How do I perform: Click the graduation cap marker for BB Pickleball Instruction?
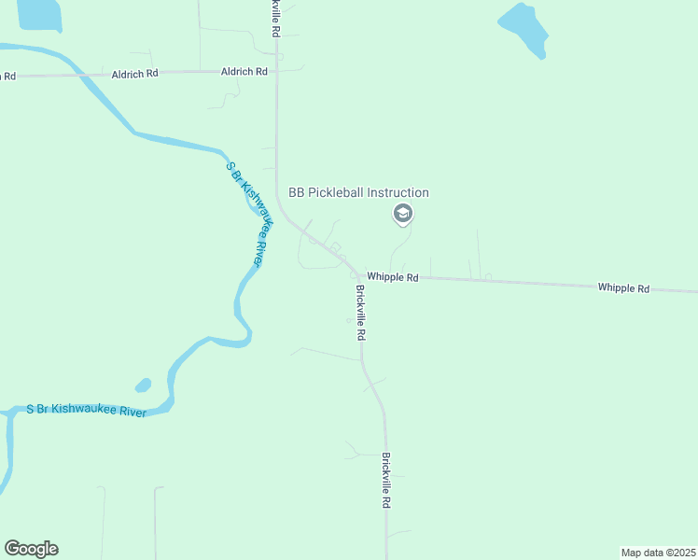click(403, 215)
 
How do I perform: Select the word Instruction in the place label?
click(398, 193)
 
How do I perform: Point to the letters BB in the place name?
click(298, 193)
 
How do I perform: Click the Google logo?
click(31, 549)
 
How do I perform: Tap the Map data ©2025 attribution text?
click(658, 553)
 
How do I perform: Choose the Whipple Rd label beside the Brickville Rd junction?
click(392, 277)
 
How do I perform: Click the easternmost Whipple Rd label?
click(623, 288)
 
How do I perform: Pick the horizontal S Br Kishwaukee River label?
click(86, 410)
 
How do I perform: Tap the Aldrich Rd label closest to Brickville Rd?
click(244, 71)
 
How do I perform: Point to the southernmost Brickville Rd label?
click(385, 480)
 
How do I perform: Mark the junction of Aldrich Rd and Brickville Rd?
click(276, 70)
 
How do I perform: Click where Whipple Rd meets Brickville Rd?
click(359, 276)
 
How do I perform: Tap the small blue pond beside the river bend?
click(143, 385)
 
